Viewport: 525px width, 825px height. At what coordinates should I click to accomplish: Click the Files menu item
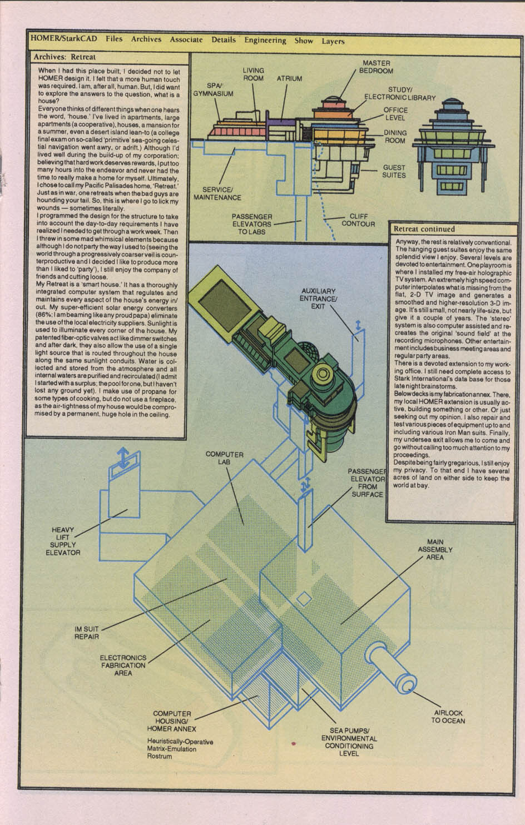coord(114,39)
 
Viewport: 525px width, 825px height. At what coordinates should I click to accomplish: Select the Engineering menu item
coord(265,40)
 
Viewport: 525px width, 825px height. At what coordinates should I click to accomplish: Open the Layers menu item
coord(333,41)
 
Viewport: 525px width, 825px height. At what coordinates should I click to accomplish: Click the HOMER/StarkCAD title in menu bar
coord(63,38)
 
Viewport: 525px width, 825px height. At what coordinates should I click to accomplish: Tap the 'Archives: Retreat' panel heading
coord(65,57)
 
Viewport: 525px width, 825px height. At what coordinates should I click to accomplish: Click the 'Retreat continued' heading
coord(424,228)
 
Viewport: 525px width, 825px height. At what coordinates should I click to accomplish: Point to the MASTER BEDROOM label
coord(376,67)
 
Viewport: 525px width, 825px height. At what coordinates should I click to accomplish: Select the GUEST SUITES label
coord(394,171)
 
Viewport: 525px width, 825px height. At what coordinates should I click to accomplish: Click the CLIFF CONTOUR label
coord(358,220)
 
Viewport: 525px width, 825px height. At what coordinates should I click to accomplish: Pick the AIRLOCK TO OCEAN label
coord(448,717)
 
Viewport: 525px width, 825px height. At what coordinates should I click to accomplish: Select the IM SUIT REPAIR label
coord(87,633)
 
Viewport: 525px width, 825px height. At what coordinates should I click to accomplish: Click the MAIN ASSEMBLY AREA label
coord(435,549)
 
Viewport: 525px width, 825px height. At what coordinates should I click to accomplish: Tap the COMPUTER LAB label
coord(225,458)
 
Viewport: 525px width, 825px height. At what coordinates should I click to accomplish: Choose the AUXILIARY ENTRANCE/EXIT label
coord(319,299)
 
